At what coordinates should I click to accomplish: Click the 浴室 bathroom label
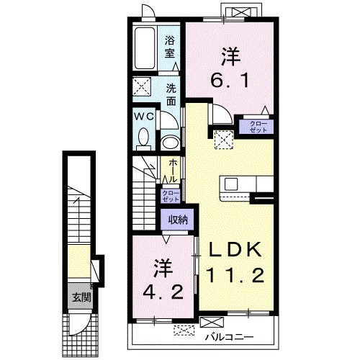pyautogui.click(x=169, y=48)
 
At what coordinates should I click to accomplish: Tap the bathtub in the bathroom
pyautogui.click(x=144, y=49)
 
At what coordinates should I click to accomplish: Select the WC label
pyautogui.click(x=144, y=117)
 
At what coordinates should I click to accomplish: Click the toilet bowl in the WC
pyautogui.click(x=143, y=137)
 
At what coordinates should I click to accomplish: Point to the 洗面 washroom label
pyautogui.click(x=171, y=95)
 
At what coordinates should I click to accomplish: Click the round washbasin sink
pyautogui.click(x=171, y=143)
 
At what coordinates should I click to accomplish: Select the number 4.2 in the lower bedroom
pyautogui.click(x=163, y=292)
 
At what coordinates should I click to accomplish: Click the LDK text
pyautogui.click(x=235, y=250)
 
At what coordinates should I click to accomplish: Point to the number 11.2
pyautogui.click(x=235, y=275)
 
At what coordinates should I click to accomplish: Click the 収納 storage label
pyautogui.click(x=178, y=220)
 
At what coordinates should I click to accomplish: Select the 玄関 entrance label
pyautogui.click(x=82, y=298)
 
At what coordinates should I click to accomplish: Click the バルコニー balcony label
pyautogui.click(x=229, y=338)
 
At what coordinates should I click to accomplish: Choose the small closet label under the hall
pyautogui.click(x=171, y=196)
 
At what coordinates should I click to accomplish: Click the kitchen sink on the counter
pyautogui.click(x=231, y=184)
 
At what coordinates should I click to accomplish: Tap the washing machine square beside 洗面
pyautogui.click(x=142, y=86)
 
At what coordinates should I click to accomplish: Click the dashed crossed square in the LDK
pyautogui.click(x=224, y=140)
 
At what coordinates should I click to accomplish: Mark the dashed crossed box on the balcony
pyautogui.click(x=184, y=330)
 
